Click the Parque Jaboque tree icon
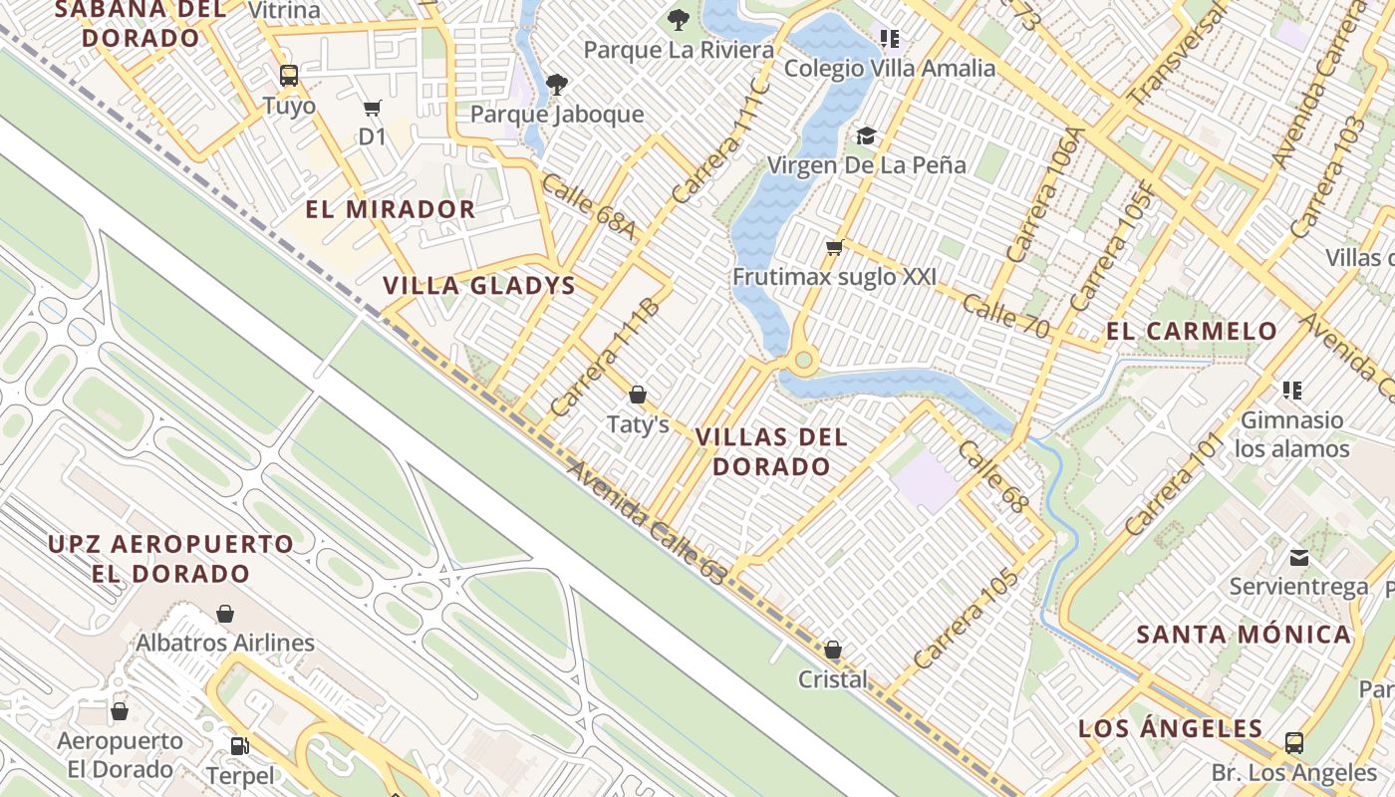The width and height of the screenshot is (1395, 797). (x=557, y=85)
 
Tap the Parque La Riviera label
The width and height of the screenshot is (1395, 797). (x=679, y=49)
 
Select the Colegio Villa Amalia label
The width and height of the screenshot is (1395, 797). (x=890, y=68)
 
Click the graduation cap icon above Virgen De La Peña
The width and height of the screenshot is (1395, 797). (x=866, y=135)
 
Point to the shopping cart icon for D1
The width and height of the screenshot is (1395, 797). (x=373, y=108)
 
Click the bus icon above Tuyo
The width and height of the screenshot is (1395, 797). (x=289, y=76)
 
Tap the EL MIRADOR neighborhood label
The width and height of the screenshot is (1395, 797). (x=391, y=209)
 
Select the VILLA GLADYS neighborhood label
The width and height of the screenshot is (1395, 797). (x=479, y=286)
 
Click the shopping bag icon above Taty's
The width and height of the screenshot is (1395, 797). (x=638, y=395)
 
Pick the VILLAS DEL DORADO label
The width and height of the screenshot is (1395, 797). (x=771, y=451)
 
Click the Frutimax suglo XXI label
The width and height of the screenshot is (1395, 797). (x=834, y=276)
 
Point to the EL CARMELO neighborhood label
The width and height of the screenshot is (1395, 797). (x=1192, y=331)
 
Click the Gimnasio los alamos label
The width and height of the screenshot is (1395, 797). (x=1292, y=434)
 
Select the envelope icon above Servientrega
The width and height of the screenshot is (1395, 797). (x=1299, y=557)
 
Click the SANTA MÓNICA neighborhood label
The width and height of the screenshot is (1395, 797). (x=1244, y=635)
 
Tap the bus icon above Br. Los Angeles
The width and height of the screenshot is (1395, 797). (x=1293, y=743)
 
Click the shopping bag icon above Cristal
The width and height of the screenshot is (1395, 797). (x=833, y=651)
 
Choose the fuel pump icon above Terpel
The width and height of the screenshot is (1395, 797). (x=239, y=745)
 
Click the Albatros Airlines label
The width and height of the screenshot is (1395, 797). (x=225, y=643)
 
